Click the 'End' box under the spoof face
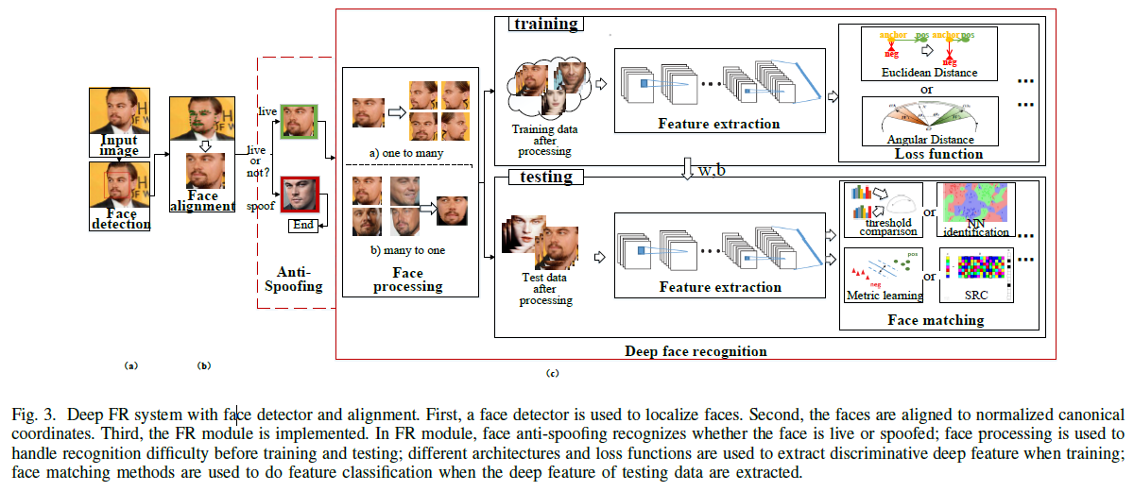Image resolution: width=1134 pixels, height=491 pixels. tap(301, 226)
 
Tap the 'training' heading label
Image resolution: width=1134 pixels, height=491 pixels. tap(546, 23)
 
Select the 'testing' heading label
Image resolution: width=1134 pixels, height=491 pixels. tap(546, 176)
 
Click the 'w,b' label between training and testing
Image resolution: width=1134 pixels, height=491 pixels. tap(714, 170)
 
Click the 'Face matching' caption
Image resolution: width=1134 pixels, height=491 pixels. tap(936, 320)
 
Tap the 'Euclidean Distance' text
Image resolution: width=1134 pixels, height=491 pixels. tap(928, 73)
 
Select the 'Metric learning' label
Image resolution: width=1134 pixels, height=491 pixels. tap(884, 296)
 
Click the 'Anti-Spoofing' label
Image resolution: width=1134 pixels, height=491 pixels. tap(292, 279)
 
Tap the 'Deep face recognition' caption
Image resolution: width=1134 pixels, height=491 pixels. tap(696, 351)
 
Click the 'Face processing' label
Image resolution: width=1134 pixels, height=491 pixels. tap(408, 279)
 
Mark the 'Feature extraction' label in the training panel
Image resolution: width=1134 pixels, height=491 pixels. tap(719, 124)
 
